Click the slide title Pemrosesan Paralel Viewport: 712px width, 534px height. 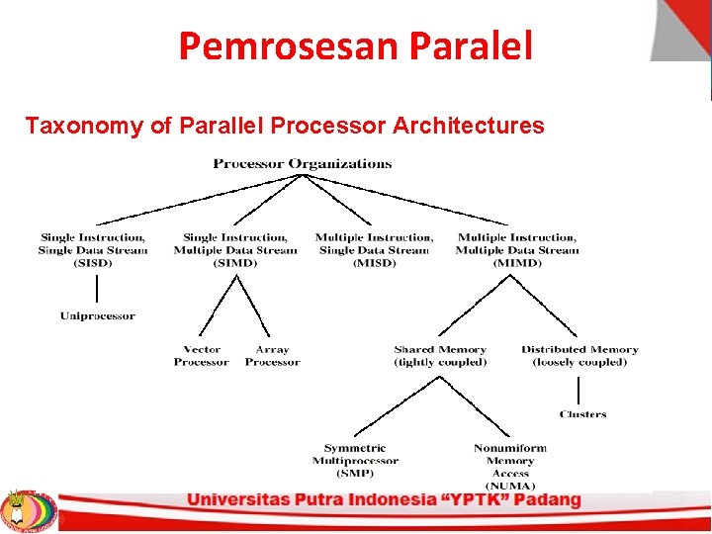[x=355, y=45]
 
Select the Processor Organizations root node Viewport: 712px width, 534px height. [x=303, y=164]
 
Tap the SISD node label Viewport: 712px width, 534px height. [x=92, y=250]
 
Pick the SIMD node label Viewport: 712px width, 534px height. [x=235, y=250]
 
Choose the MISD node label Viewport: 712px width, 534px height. [x=374, y=250]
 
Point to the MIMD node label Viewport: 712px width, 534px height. [x=517, y=250]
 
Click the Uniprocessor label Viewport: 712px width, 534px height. [x=97, y=316]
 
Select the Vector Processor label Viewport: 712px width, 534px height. [x=202, y=356]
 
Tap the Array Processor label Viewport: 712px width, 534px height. [x=272, y=356]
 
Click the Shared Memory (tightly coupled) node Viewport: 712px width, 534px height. [x=440, y=356]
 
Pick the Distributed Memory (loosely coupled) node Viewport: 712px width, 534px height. [x=579, y=356]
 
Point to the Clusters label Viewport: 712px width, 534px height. [x=582, y=414]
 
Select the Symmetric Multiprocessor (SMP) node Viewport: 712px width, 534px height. [x=355, y=461]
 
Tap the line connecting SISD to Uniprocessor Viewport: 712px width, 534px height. [x=97, y=290]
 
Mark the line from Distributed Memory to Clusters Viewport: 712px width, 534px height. [x=578, y=389]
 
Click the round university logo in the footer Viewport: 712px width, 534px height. [x=29, y=510]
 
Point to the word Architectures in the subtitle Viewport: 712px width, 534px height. [x=468, y=126]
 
